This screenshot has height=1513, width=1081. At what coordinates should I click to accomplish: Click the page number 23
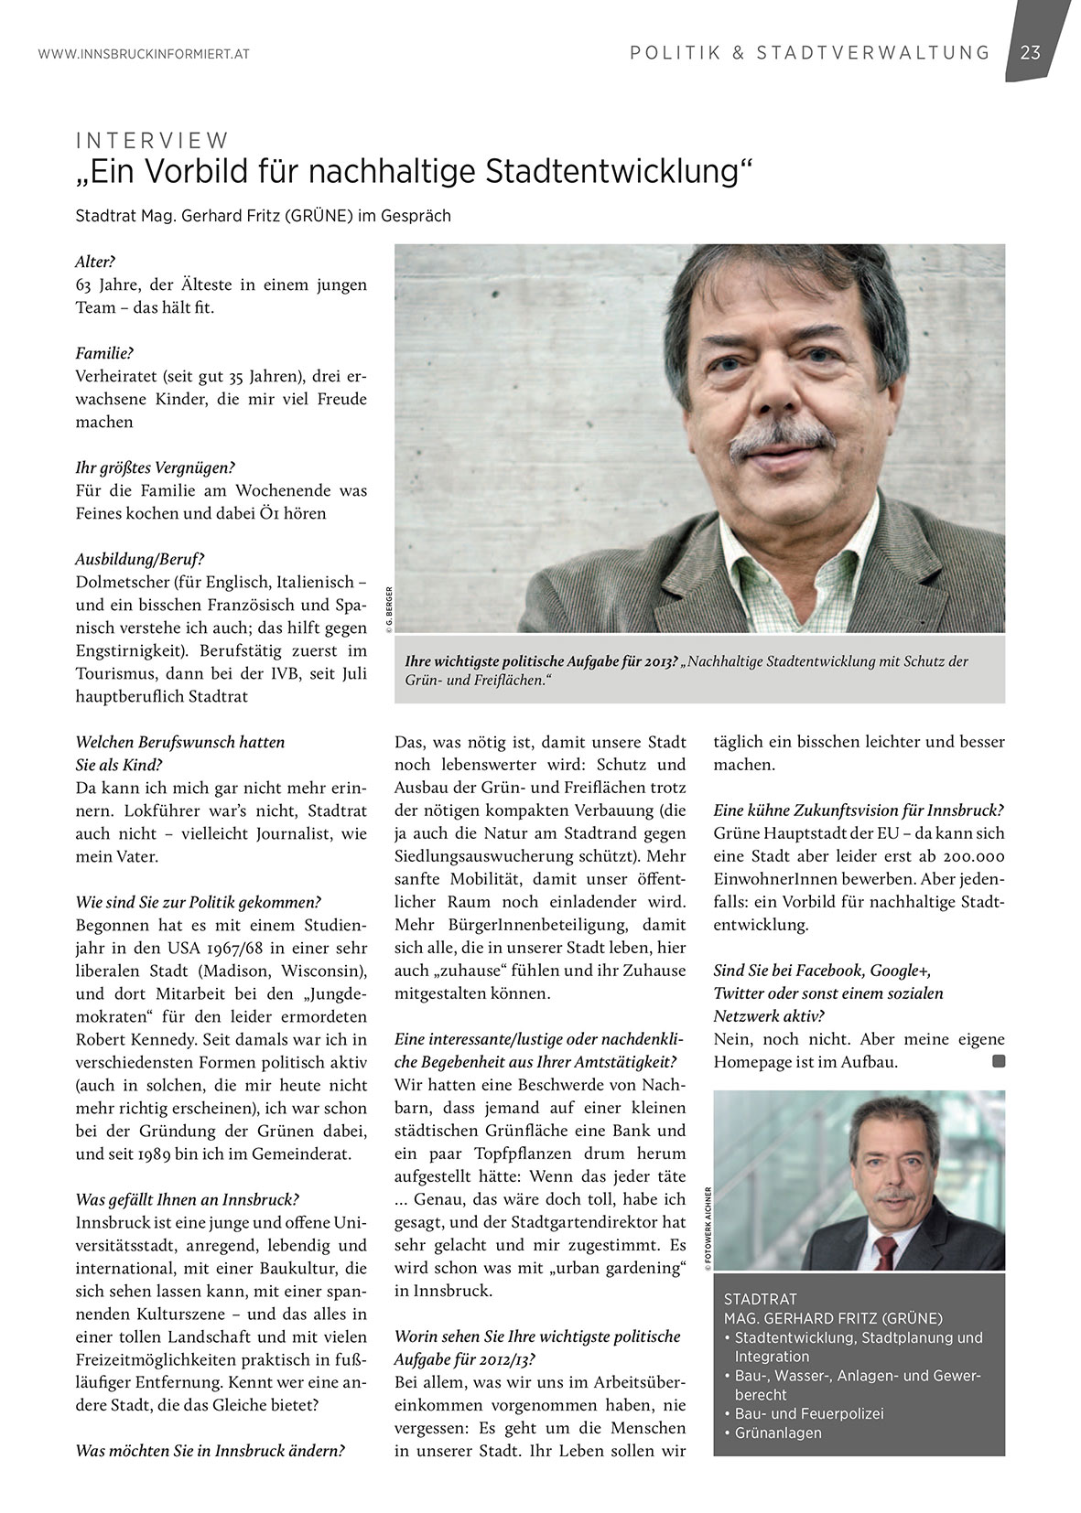click(x=1031, y=53)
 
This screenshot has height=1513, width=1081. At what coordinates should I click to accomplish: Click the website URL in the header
click(x=144, y=55)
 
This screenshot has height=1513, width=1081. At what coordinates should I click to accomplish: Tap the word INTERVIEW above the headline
click(x=152, y=141)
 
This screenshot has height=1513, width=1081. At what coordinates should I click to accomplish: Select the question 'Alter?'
click(x=95, y=262)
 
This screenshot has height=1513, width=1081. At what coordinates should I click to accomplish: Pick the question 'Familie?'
click(x=104, y=353)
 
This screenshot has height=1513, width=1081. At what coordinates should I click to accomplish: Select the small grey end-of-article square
click(x=999, y=1062)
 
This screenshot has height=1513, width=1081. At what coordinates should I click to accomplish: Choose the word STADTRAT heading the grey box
click(x=760, y=1299)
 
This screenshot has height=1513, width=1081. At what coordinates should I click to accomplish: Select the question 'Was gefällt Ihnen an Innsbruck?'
click(x=188, y=1200)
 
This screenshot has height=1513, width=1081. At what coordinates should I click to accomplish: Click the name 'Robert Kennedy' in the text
click(x=130, y=1040)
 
